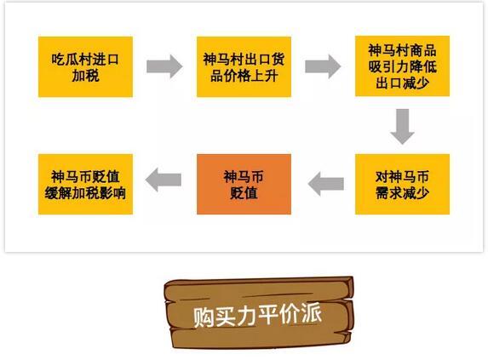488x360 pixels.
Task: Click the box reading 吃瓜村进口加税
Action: click(x=85, y=67)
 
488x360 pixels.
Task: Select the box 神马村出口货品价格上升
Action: click(x=244, y=67)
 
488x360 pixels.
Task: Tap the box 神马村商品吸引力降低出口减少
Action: click(x=403, y=66)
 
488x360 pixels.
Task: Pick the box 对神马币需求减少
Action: click(x=403, y=184)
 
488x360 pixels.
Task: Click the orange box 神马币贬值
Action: click(x=244, y=184)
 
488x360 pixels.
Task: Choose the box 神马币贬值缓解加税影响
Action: click(x=85, y=184)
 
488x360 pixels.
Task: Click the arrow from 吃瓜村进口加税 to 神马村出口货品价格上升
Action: click(x=164, y=66)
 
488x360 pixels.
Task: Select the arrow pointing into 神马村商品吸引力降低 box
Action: click(x=323, y=66)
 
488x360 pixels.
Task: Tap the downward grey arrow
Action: click(x=403, y=127)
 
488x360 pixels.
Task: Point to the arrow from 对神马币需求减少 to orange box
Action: click(x=326, y=184)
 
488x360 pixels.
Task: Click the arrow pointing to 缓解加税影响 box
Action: click(x=164, y=180)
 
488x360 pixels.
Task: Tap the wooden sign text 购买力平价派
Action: click(x=257, y=315)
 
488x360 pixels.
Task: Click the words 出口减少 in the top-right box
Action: click(x=403, y=83)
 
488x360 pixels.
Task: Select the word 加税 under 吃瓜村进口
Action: click(x=85, y=76)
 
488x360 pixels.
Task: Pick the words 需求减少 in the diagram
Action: click(x=403, y=193)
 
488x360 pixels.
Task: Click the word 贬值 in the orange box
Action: click(x=244, y=193)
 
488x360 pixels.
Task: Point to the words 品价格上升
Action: click(x=244, y=76)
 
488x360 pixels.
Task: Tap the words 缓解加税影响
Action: click(x=85, y=193)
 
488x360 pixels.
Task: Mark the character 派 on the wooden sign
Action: click(x=311, y=312)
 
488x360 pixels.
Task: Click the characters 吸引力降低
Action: click(x=403, y=66)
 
